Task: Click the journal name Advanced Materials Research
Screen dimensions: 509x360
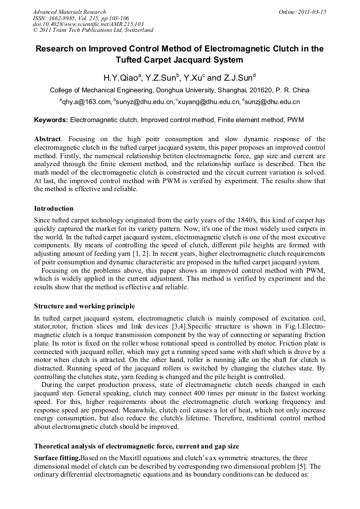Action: (x=69, y=12)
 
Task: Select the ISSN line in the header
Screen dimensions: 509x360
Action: (x=81, y=18)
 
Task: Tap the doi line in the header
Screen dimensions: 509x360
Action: (x=88, y=24)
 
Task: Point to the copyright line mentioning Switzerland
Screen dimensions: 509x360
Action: (x=93, y=30)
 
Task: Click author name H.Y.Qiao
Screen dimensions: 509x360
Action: (x=122, y=77)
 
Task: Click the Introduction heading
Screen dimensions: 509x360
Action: (x=54, y=209)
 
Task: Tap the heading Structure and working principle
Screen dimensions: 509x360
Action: (x=84, y=306)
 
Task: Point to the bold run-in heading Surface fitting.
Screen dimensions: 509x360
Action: (x=57, y=458)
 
